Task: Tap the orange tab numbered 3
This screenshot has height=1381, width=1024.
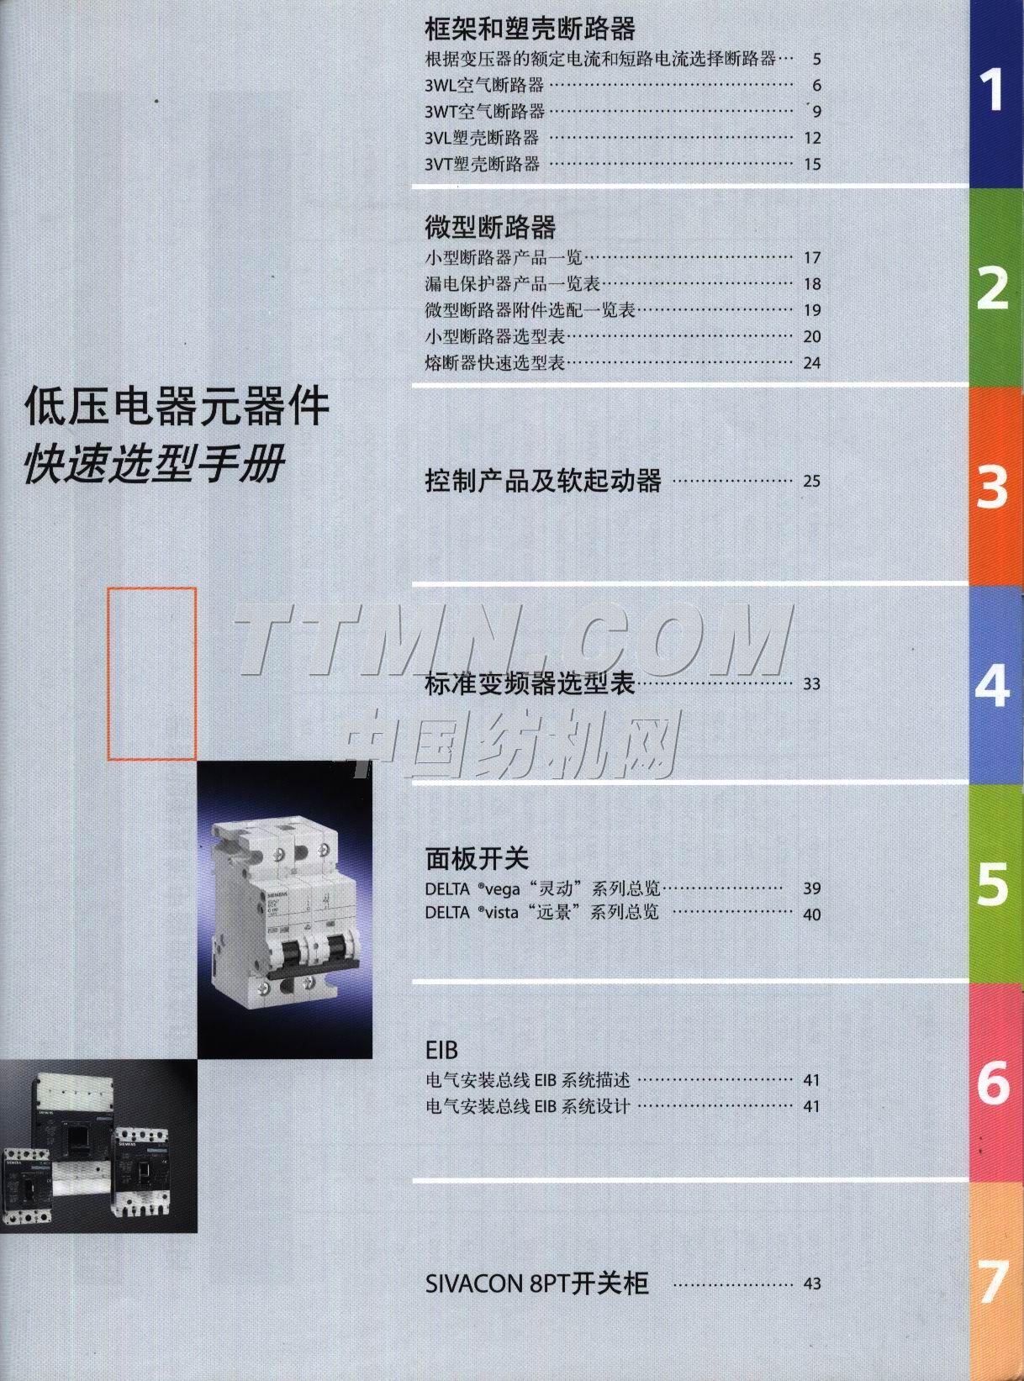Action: pos(995,486)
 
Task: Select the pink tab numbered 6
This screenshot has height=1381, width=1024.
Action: pos(995,1082)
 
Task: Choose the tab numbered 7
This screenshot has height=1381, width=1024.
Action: pos(995,1282)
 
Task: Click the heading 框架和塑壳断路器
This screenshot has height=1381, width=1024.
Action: pos(530,29)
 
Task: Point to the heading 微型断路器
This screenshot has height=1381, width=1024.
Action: pos(490,227)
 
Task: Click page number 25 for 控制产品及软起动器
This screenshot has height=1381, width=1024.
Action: pos(811,482)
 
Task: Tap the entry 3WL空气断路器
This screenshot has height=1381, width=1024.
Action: pos(484,85)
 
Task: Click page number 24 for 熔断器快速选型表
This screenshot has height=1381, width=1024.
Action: pos(811,363)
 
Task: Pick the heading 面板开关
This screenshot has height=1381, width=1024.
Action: pos(477,858)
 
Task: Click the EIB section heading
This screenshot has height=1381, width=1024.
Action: pos(441,1050)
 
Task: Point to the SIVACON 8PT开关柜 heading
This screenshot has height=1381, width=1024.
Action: pos(536,1283)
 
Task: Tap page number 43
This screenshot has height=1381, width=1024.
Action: pos(811,1283)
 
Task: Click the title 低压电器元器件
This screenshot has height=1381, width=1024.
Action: pos(177,407)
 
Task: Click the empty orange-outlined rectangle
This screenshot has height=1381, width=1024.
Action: pos(151,673)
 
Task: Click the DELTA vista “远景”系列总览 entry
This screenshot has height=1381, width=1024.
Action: pos(541,913)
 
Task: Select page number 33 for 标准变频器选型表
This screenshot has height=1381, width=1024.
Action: pos(811,684)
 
